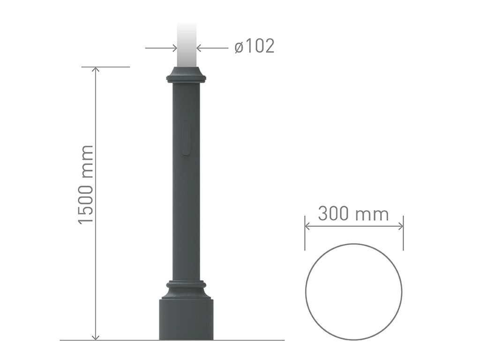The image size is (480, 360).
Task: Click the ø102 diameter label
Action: tap(255, 46)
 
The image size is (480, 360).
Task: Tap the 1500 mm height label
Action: tap(85, 185)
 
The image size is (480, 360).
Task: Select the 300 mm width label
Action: tap(353, 213)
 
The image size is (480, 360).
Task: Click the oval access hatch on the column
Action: tap(186, 138)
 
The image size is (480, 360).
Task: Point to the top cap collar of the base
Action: tap(186, 75)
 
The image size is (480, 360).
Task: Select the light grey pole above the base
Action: tap(187, 45)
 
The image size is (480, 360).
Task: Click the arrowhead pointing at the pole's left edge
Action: tap(175, 48)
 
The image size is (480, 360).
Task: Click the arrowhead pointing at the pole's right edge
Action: tap(199, 48)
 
